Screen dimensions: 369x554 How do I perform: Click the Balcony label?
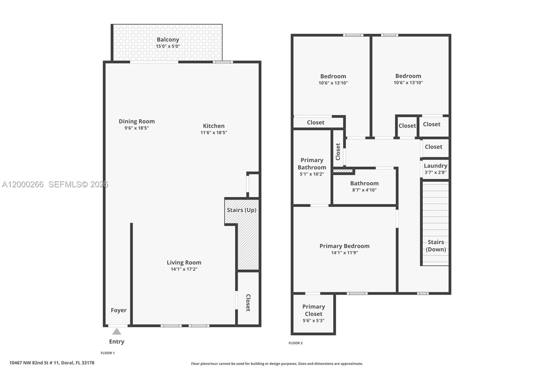168,39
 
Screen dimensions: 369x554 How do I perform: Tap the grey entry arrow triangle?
117,332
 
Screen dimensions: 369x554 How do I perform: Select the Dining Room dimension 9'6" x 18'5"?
137,128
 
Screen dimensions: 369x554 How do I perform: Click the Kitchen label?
214,126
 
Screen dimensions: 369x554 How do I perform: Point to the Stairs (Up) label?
241,210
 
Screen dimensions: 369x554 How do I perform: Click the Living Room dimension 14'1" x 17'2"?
184,269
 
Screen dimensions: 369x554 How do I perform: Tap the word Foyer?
118,310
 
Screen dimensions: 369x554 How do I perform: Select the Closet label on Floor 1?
248,303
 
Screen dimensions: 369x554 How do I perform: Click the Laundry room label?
435,166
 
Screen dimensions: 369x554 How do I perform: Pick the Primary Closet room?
313,313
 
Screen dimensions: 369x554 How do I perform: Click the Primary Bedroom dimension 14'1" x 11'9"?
344,253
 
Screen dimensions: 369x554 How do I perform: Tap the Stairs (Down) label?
436,246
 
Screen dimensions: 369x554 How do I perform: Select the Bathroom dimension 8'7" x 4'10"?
364,190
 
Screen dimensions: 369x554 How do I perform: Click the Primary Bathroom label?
312,164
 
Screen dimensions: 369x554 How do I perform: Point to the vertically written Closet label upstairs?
338,152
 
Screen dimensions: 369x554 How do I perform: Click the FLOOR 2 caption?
295,343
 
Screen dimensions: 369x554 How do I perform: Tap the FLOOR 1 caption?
107,353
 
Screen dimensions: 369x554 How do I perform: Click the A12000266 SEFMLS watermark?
55,184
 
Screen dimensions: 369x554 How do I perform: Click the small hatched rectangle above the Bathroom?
343,171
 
